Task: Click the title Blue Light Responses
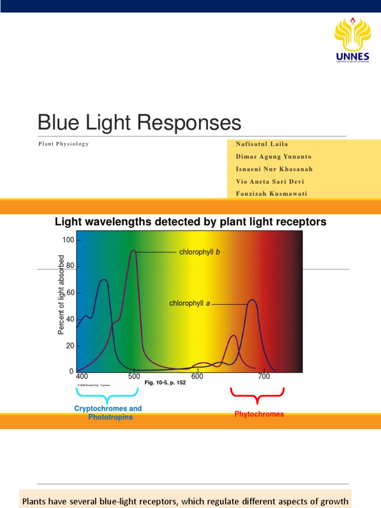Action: (139, 123)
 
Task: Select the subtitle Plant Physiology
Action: (63, 144)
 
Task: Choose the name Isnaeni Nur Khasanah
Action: (274, 169)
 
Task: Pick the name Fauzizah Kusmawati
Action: (271, 193)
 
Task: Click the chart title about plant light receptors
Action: (190, 222)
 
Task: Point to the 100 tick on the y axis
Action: (68, 240)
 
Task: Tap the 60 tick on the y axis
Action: (70, 293)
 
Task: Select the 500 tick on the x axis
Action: (134, 377)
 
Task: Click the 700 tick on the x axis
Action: (264, 377)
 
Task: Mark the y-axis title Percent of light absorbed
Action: (62, 295)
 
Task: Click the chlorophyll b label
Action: (199, 252)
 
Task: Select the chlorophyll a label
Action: (190, 303)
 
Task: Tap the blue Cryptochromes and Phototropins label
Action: (108, 413)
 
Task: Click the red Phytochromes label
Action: (259, 414)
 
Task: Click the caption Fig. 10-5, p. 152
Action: (165, 383)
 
